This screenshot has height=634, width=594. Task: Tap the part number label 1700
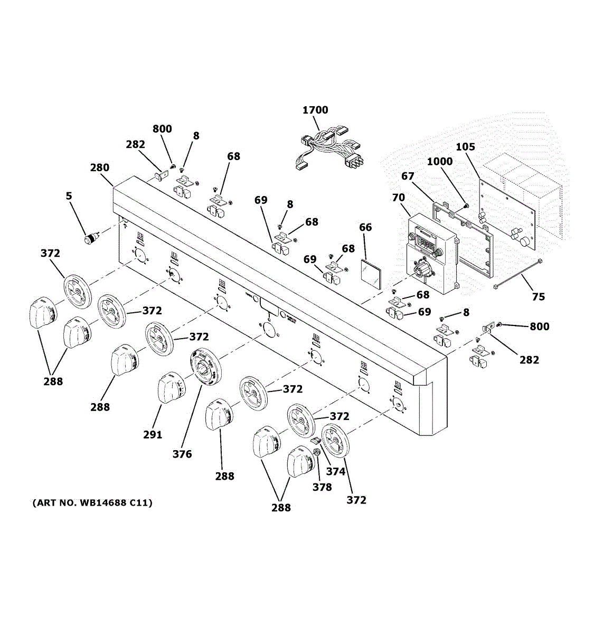click(x=315, y=110)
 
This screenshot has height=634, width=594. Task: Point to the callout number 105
click(x=465, y=147)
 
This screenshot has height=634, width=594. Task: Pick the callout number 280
click(x=99, y=167)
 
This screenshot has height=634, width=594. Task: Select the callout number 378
click(x=322, y=487)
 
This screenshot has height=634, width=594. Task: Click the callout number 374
click(x=335, y=471)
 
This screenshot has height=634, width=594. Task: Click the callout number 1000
click(x=439, y=161)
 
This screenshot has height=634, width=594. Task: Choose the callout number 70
click(x=398, y=197)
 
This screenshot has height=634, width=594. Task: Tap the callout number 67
click(x=408, y=176)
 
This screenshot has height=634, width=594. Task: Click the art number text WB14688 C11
click(x=92, y=502)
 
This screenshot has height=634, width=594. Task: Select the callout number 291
click(x=153, y=435)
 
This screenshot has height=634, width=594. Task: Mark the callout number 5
click(x=69, y=196)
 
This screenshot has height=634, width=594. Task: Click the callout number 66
click(x=365, y=227)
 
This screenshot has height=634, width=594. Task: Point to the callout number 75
click(x=538, y=297)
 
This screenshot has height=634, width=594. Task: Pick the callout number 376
click(x=182, y=454)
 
